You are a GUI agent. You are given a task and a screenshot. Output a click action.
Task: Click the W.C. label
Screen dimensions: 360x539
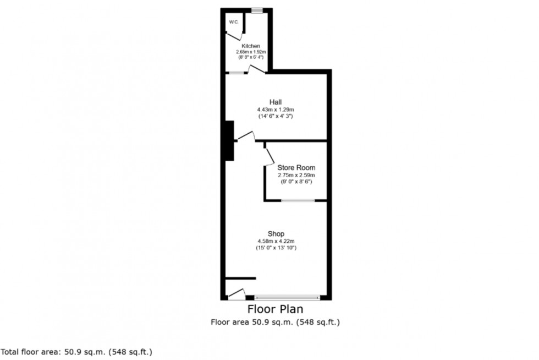[233, 22]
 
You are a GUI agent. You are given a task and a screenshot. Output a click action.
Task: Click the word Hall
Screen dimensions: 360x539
[276, 102]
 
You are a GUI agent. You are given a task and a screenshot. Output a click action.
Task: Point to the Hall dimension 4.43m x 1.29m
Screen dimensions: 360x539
[276, 110]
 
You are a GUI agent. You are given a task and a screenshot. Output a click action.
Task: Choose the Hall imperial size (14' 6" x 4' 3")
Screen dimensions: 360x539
[276, 116]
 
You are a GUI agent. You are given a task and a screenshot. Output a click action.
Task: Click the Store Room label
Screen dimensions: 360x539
[296, 168]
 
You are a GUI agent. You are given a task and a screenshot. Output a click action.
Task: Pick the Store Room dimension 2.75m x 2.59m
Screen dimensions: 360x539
[296, 175]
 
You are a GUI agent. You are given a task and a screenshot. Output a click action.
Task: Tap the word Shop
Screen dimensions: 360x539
[276, 234]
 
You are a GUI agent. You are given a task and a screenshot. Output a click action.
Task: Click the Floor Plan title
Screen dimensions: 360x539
[276, 309]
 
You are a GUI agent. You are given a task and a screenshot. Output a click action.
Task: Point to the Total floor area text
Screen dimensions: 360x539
[76, 351]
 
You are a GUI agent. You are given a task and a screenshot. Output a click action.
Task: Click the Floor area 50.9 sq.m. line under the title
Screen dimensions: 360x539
[276, 322]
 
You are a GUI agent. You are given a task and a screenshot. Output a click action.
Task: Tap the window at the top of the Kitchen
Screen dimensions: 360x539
[256, 9]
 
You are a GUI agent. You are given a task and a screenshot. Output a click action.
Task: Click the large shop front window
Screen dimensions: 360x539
[287, 297]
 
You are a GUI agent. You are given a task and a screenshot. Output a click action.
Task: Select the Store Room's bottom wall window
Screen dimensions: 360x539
[298, 200]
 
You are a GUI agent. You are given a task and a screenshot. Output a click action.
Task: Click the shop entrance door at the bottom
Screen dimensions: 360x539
[237, 294]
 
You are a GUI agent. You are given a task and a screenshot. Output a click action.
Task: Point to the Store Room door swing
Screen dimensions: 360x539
[269, 156]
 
